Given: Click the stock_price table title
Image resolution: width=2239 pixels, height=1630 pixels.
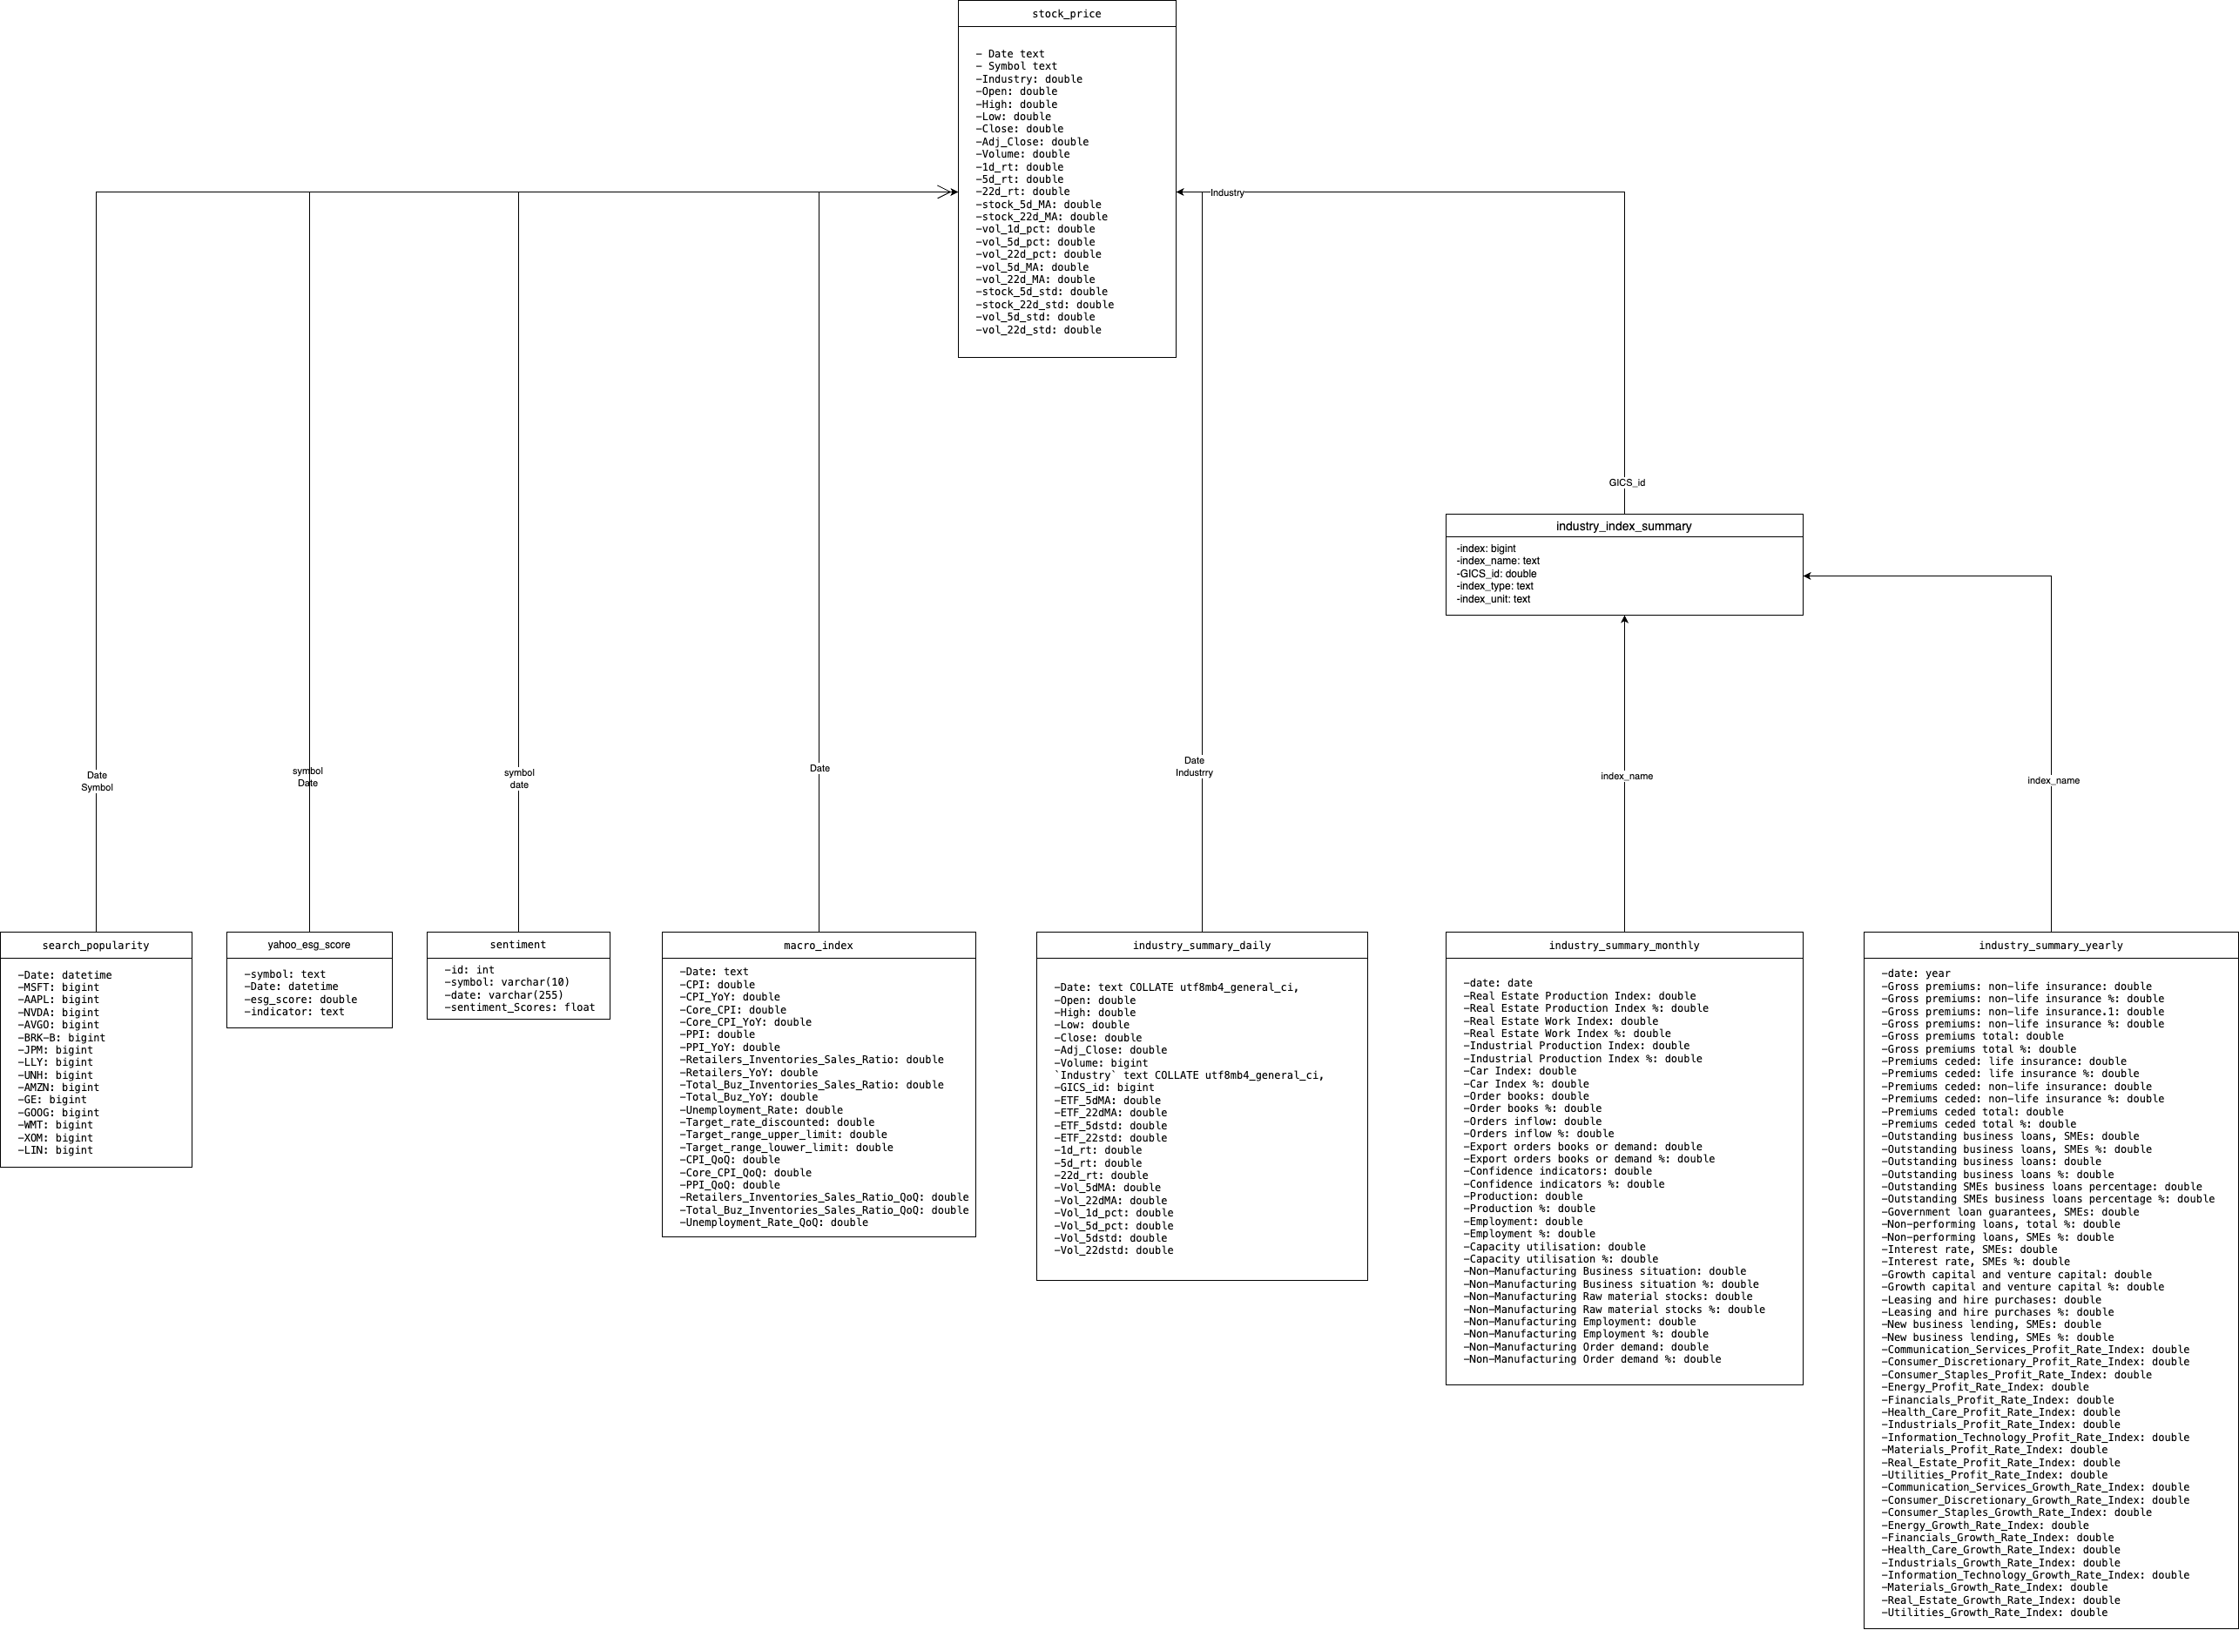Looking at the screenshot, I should click(x=1066, y=14).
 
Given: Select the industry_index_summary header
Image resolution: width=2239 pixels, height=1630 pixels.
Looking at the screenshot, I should click(x=1623, y=526).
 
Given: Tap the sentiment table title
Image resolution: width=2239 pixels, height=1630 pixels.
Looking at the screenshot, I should click(x=517, y=945).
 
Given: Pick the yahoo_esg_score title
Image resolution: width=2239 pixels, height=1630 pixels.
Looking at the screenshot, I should click(x=309, y=945).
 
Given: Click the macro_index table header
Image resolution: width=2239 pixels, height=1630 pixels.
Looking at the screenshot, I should click(x=819, y=946).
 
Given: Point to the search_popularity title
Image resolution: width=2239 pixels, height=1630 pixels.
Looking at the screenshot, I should click(x=96, y=946).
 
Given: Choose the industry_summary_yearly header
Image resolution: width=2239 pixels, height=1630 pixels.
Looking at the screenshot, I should click(x=2050, y=946).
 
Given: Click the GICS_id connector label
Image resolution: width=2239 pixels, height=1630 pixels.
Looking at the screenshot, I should click(x=1627, y=482).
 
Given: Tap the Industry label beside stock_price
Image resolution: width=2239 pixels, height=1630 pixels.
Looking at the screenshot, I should click(x=1227, y=192).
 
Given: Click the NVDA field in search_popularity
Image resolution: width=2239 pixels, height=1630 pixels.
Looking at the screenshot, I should click(x=59, y=1012).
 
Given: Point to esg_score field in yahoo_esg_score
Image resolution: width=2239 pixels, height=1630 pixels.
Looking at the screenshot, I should click(x=301, y=999).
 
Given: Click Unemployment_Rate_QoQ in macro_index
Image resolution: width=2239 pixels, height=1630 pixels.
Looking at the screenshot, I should click(x=774, y=1222).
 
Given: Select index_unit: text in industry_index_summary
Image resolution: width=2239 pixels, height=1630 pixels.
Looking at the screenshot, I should click(x=1494, y=599).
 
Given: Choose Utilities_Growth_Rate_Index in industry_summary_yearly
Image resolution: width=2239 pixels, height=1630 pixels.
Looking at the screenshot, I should click(x=1995, y=1613).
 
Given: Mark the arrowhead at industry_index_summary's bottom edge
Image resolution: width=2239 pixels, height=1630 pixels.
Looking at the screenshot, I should click(x=1624, y=620).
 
